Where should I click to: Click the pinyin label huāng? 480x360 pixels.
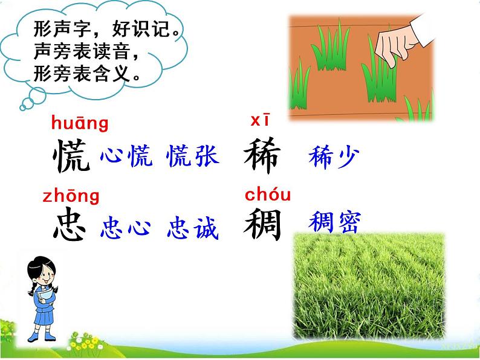point(80,124)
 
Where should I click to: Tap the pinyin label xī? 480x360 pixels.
point(259,120)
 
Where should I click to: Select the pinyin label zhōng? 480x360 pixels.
point(71,196)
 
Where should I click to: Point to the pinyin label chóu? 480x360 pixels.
point(268,194)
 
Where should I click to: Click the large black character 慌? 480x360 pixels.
point(71,156)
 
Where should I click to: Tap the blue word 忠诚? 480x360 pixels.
point(192,228)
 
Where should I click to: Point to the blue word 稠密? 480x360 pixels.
point(334,222)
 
